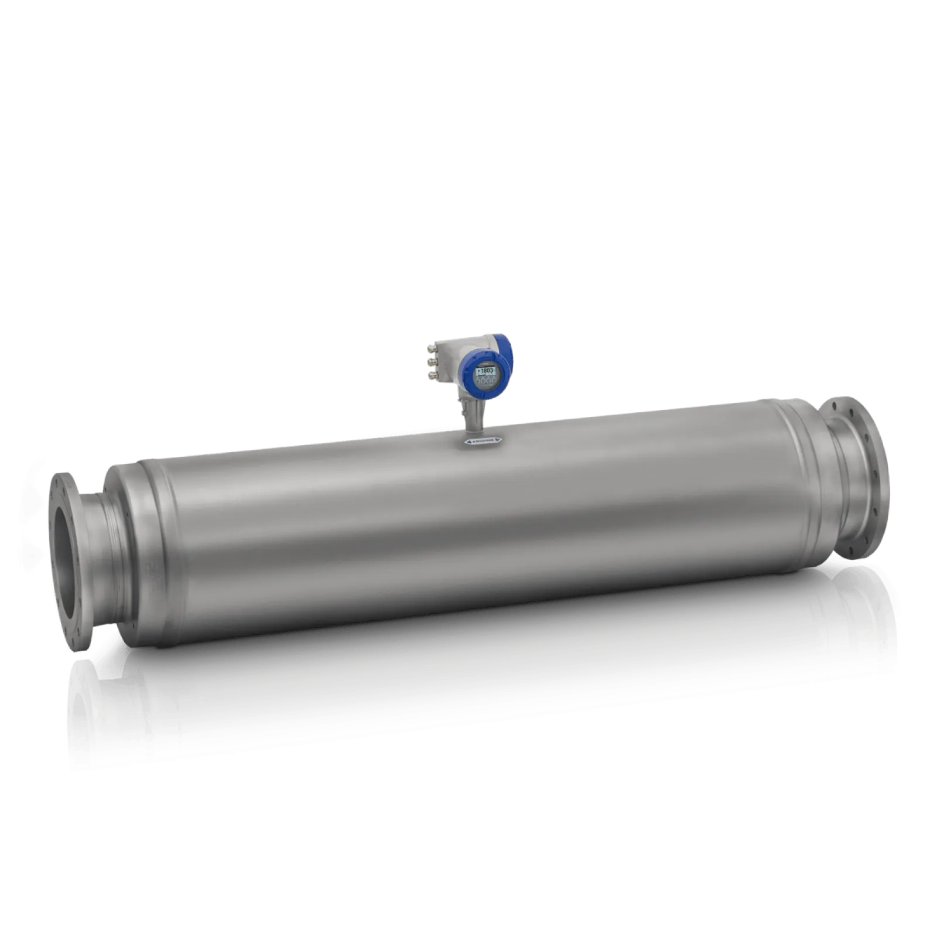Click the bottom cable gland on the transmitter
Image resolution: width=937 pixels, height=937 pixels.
point(432,375)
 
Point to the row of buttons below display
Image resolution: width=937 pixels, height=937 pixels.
point(485,382)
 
